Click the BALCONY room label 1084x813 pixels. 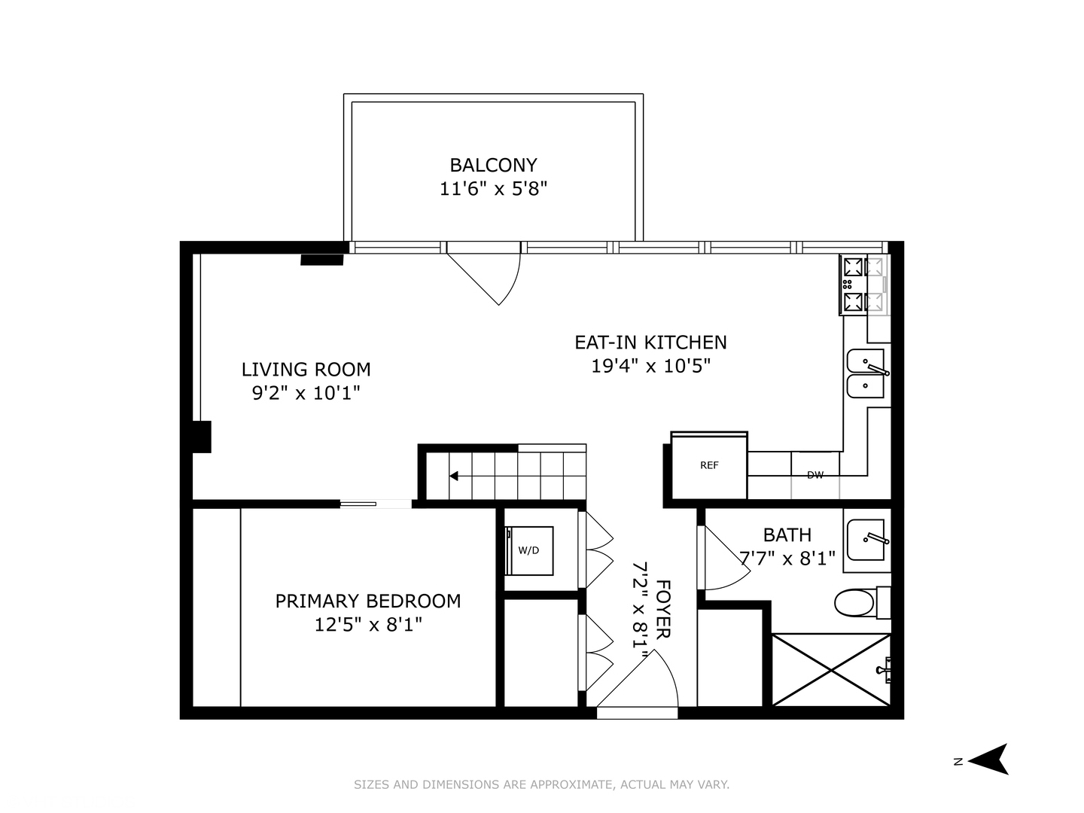coord(493,165)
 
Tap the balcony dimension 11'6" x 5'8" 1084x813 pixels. coord(493,188)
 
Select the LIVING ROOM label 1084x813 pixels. coord(306,370)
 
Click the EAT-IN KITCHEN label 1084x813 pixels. coord(650,343)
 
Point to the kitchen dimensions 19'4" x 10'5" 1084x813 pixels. coord(650,367)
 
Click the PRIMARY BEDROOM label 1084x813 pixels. coord(367,601)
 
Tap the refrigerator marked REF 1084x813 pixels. coord(709,465)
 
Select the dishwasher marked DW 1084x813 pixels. coord(815,475)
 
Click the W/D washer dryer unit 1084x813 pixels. coord(529,550)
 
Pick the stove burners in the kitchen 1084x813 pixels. coord(854,285)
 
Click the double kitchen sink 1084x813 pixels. coord(866,373)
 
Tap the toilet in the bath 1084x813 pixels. coord(856,602)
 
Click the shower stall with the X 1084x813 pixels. coord(831,670)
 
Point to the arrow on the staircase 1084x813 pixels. coord(455,476)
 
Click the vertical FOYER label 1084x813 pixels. coord(663,609)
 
